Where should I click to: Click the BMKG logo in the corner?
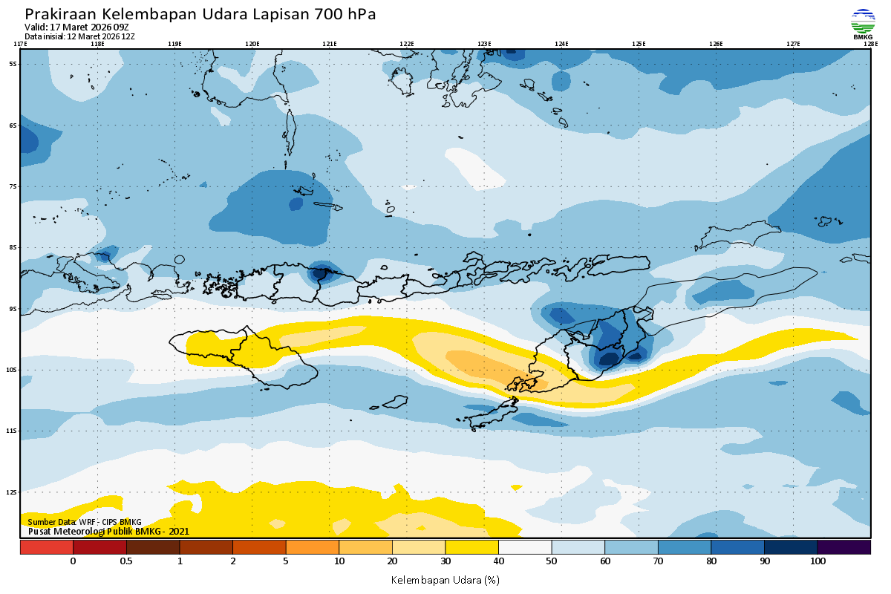[x=862, y=24]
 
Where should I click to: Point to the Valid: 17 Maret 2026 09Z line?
[x=77, y=27]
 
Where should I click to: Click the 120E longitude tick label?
[x=252, y=44]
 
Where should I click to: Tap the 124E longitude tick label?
[x=561, y=44]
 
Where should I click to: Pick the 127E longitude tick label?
[x=793, y=44]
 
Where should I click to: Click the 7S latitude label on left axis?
[x=13, y=186]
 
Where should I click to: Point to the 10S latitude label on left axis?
[x=12, y=370]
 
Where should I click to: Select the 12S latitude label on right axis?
[x=879, y=492]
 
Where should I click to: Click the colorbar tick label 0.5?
[x=126, y=561]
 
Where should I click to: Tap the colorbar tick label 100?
[x=817, y=561]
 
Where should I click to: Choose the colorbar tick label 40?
[x=498, y=561]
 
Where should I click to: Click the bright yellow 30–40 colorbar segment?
[x=471, y=546]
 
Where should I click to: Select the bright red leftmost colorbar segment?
[x=47, y=546]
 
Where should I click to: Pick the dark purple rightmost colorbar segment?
[x=843, y=546]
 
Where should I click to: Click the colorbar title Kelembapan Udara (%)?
[x=446, y=579]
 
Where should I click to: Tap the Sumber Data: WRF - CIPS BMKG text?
[x=85, y=522]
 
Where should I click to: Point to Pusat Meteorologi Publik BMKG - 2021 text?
[x=108, y=531]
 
